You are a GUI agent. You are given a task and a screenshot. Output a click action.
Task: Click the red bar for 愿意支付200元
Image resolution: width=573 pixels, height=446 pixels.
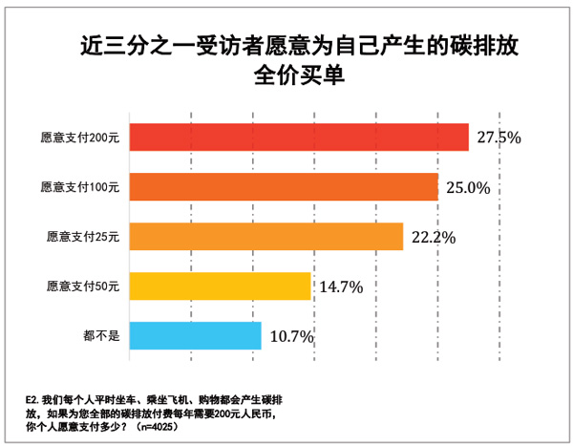pos(298,138)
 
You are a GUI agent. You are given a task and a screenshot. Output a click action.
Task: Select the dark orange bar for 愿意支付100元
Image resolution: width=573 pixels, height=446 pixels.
pos(283,187)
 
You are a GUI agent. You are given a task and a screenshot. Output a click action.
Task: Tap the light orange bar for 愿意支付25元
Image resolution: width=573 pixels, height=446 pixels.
pos(265,236)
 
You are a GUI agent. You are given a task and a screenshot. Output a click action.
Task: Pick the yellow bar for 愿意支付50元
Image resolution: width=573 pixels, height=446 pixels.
pos(220,286)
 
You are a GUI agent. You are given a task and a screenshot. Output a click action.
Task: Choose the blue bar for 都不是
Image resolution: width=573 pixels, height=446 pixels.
pos(195,335)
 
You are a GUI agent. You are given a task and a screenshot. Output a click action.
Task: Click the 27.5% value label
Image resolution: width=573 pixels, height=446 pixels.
pos(498,138)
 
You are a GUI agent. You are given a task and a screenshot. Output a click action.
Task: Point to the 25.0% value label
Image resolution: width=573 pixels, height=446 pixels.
pos(468,187)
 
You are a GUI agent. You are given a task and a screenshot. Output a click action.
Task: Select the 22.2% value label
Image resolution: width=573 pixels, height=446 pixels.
pos(433,237)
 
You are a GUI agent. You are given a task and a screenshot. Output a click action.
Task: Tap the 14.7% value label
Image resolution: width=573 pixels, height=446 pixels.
pos(341,286)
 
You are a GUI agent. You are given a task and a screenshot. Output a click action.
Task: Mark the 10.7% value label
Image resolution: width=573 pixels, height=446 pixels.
pos(290,335)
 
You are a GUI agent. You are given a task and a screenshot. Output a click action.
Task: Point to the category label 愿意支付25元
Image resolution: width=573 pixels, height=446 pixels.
pos(83,236)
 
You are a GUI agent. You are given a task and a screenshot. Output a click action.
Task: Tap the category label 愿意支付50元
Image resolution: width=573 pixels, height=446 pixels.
pos(83,286)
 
